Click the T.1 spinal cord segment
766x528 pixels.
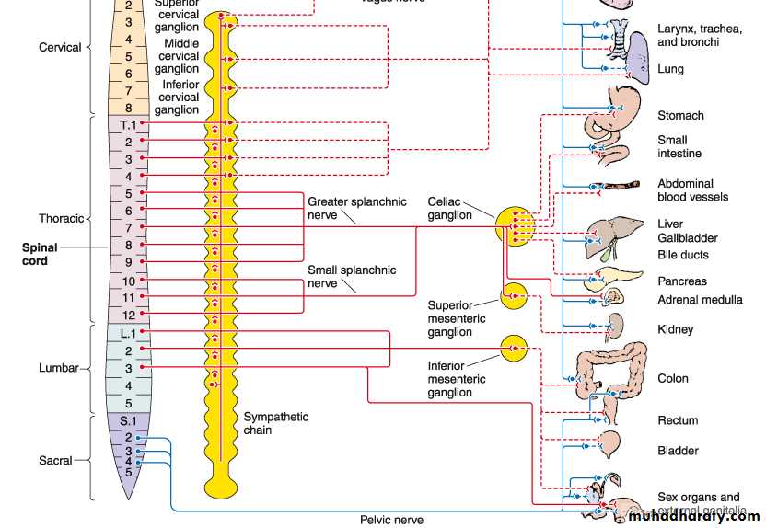[x=128, y=124]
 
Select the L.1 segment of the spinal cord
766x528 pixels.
[x=128, y=332]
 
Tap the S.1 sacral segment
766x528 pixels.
[x=128, y=422]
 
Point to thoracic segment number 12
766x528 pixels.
[x=128, y=315]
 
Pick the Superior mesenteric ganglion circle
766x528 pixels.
[x=514, y=296]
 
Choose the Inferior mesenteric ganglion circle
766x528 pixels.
[x=514, y=349]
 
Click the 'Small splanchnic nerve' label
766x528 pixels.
[x=352, y=277]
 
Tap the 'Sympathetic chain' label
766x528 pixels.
[x=275, y=423]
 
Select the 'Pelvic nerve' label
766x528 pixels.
[x=391, y=520]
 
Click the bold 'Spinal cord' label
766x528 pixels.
[x=41, y=254]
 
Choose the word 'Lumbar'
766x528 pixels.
[x=58, y=368]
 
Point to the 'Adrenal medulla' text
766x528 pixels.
[x=700, y=300]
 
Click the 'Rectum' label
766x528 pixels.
[x=678, y=421]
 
